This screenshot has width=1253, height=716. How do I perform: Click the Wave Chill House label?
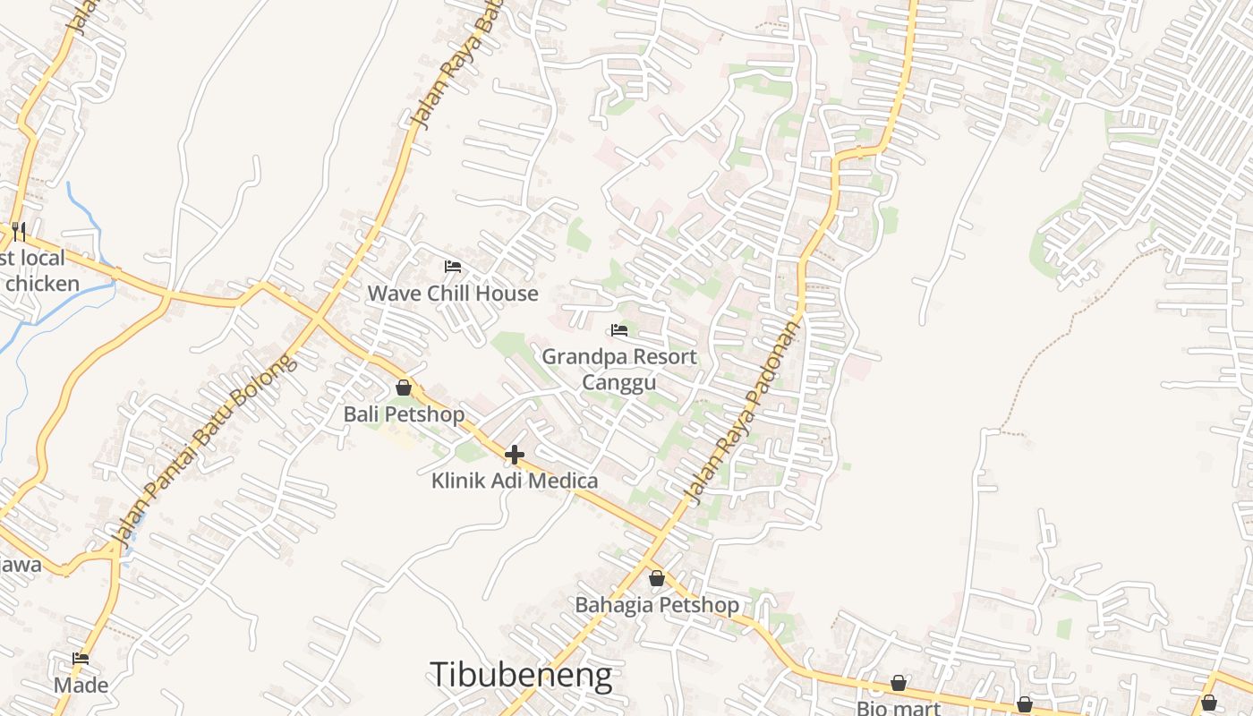point(453,294)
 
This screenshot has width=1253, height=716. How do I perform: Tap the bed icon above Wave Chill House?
point(453,267)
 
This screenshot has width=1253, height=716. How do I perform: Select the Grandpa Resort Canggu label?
point(619,369)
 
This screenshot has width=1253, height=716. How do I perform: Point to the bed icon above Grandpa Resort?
point(619,330)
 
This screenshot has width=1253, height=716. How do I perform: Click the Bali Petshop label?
point(404,414)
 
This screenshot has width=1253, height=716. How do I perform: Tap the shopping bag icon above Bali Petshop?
point(404,388)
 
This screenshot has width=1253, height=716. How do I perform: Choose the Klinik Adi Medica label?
point(515,481)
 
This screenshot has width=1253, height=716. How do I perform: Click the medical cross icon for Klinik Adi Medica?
point(515,455)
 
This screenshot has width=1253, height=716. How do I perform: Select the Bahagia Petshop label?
point(657,605)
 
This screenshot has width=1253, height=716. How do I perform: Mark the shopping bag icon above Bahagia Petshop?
point(657,578)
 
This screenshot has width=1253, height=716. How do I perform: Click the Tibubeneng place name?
point(522,675)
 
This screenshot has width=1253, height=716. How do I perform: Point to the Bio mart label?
point(899,708)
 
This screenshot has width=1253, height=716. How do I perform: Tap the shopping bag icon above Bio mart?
point(899,684)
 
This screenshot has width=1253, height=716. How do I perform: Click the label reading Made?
point(81,686)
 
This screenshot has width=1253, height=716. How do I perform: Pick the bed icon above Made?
point(81,659)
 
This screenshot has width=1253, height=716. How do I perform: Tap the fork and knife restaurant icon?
point(18,231)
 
